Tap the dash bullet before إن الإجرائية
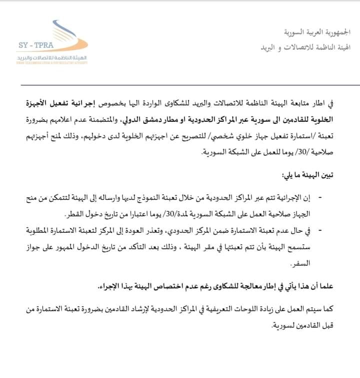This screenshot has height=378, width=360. (x=320, y=198)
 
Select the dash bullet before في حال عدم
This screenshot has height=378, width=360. (x=320, y=230)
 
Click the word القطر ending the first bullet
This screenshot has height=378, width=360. (x=75, y=214)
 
